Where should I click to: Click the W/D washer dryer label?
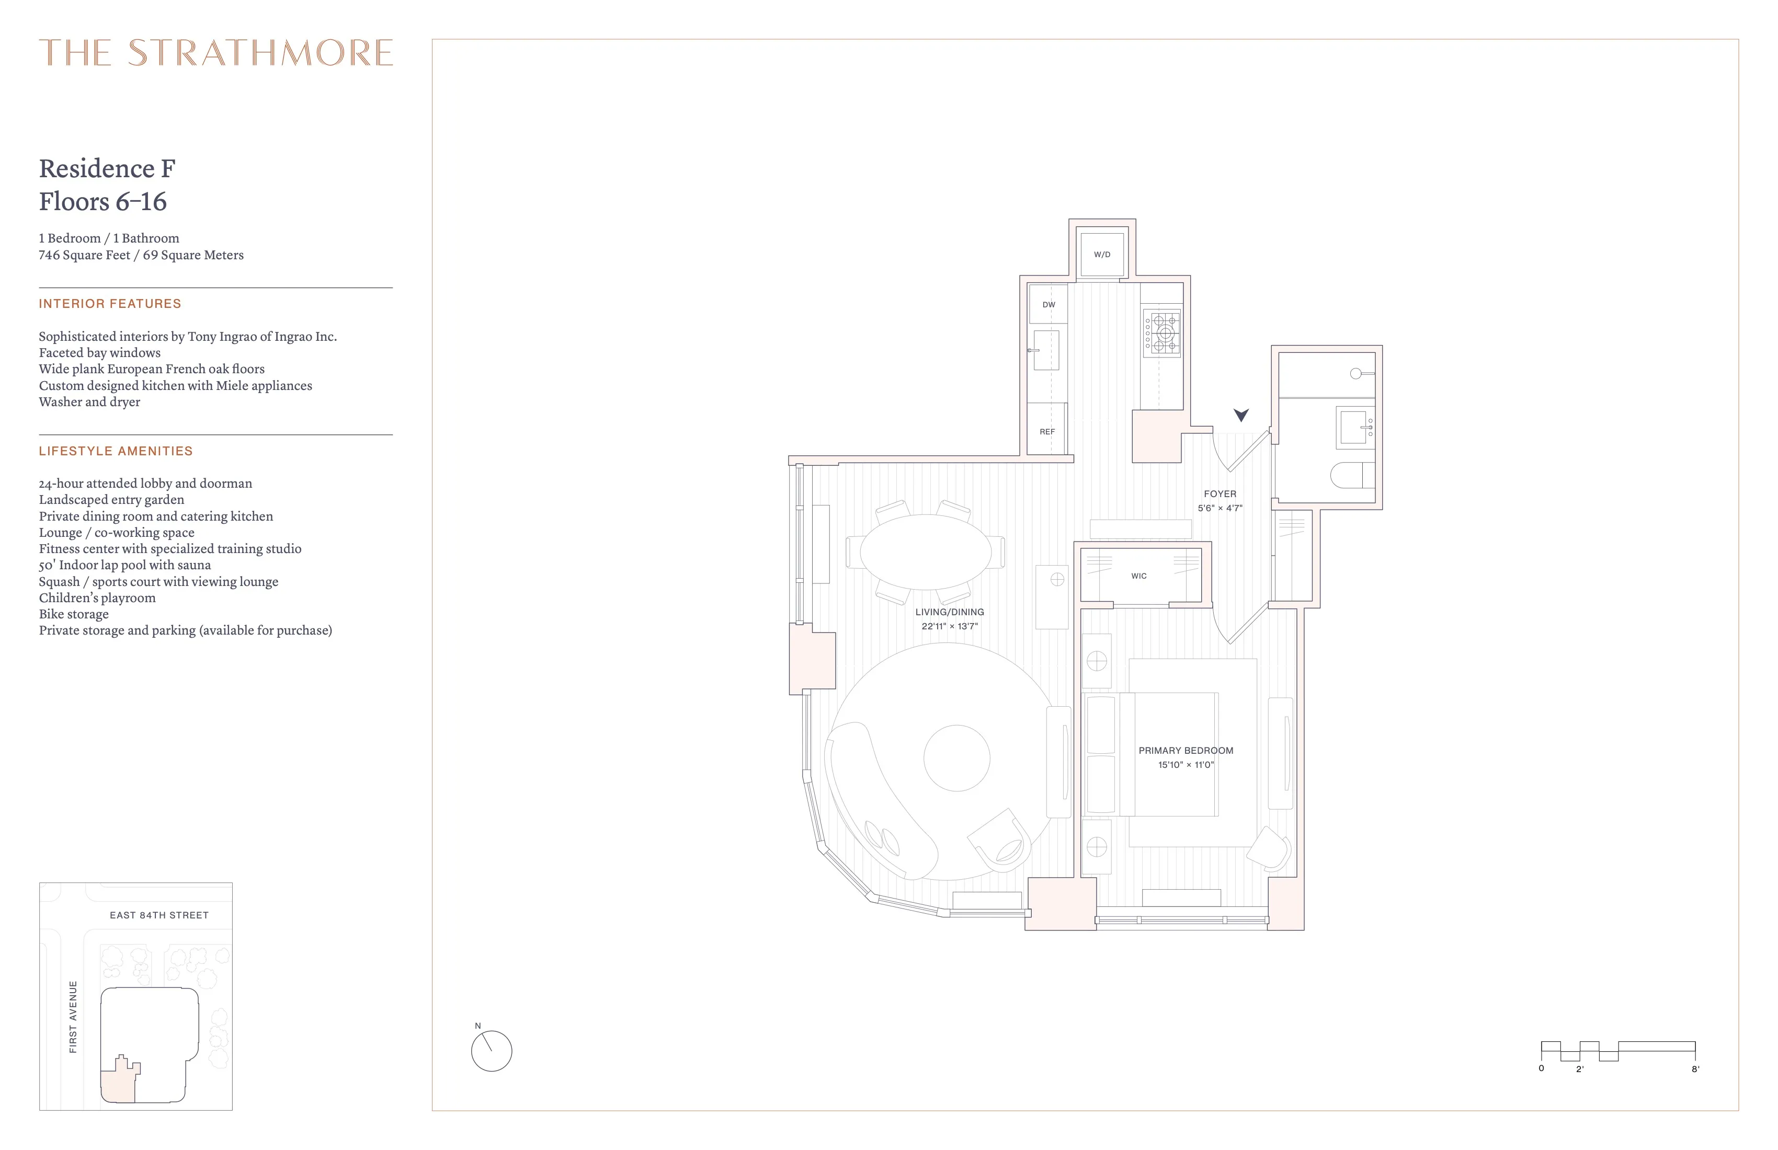click(x=1102, y=255)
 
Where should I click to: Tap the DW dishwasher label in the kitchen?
click(x=1049, y=305)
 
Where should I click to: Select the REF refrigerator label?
click(x=1047, y=432)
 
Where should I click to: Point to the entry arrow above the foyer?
click(x=1241, y=415)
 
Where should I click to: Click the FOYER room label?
click(x=1220, y=493)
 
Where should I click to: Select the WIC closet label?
click(x=1138, y=576)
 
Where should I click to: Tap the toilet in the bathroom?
click(x=1352, y=475)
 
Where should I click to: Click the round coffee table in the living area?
click(x=957, y=758)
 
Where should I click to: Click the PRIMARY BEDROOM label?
click(x=1186, y=751)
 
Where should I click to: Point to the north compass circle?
click(x=492, y=1051)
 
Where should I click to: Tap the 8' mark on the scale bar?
click(x=1695, y=1068)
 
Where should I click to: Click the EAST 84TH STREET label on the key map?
click(x=159, y=915)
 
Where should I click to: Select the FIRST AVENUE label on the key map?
click(x=73, y=1017)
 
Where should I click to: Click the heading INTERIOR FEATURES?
click(x=110, y=304)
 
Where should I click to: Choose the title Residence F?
click(x=107, y=169)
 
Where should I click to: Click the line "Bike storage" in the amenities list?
click(x=74, y=614)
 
